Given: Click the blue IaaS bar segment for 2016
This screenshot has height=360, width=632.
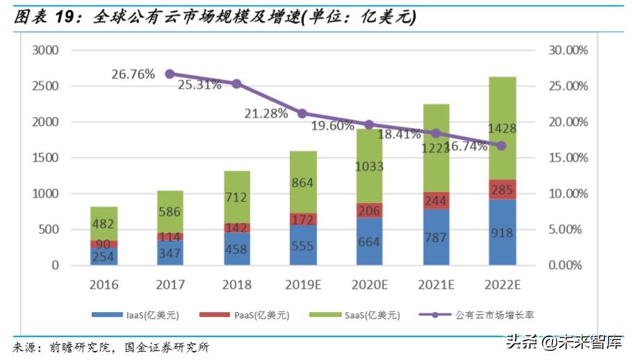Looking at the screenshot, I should pyautogui.click(x=104, y=256).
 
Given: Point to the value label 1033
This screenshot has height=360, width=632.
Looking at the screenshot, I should pyautogui.click(x=370, y=167).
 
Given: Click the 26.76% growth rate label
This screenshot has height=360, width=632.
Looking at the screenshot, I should pyautogui.click(x=132, y=74).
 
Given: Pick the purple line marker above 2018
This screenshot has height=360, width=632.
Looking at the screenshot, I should pyautogui.click(x=236, y=83).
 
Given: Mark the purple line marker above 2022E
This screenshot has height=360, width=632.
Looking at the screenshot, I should pyautogui.click(x=502, y=145).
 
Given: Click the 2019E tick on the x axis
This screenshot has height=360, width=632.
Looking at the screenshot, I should pyautogui.click(x=303, y=285).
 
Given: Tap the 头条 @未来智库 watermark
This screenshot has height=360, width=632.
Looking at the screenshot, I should pyautogui.click(x=563, y=343).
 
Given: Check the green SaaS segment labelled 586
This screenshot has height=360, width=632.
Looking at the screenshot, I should pyautogui.click(x=170, y=211).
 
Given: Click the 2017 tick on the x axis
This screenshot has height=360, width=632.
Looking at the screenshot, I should pyautogui.click(x=170, y=285).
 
